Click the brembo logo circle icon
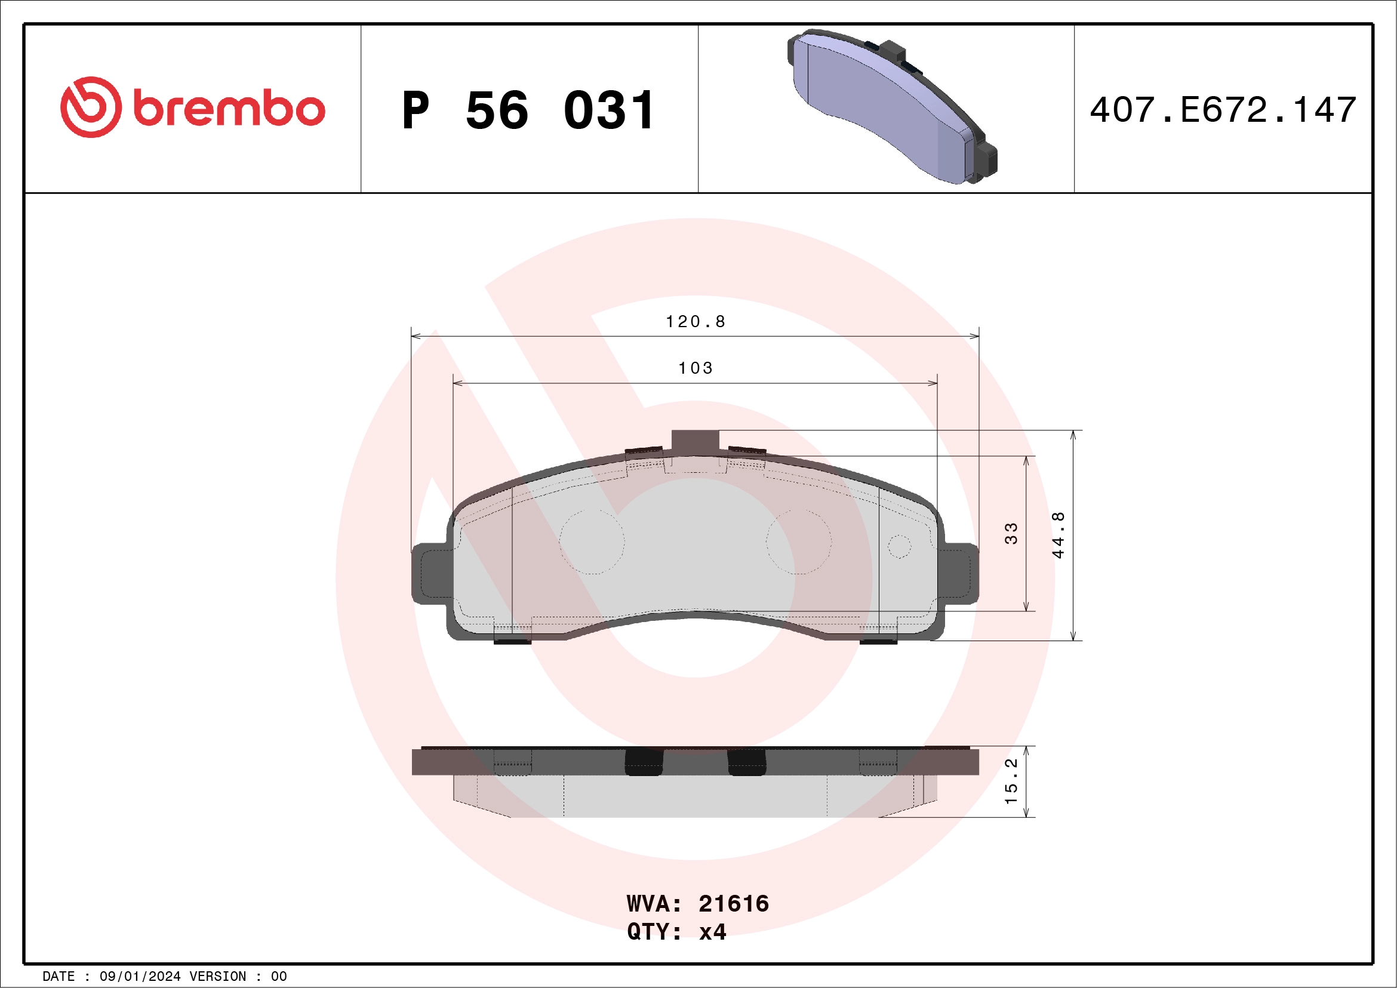(91, 107)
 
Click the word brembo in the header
(229, 107)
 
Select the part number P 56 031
(528, 110)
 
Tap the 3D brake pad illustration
(892, 106)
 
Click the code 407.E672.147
(1223, 109)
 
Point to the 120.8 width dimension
(696, 321)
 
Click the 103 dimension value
(696, 368)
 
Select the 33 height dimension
(1011, 533)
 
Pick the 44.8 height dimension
(1058, 535)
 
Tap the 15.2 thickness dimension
(1011, 780)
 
